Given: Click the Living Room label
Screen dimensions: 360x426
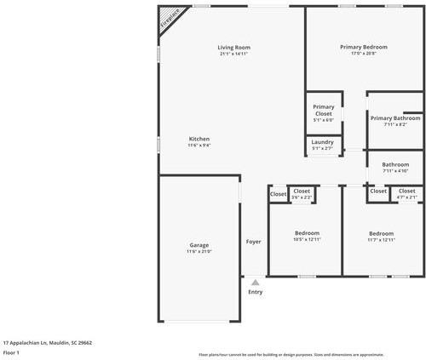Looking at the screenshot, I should [x=233, y=47].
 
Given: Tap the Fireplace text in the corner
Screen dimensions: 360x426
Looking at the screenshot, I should [x=170, y=20].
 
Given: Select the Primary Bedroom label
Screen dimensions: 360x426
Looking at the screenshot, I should [x=364, y=47].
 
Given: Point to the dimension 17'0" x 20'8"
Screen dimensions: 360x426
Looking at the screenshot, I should [x=364, y=54].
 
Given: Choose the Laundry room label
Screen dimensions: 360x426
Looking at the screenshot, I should [x=323, y=141].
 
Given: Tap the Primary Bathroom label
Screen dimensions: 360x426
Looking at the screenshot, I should [x=395, y=118].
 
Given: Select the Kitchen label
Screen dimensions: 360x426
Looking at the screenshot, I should [x=199, y=139].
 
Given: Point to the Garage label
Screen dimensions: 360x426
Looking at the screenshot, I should [x=199, y=245].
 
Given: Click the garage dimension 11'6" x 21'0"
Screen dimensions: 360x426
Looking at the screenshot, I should [x=199, y=252].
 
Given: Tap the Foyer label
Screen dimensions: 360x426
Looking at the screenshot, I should [x=254, y=242].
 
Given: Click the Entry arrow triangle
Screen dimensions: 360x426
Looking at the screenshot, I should [x=255, y=282].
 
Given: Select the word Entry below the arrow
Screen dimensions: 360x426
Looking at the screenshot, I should [x=256, y=292].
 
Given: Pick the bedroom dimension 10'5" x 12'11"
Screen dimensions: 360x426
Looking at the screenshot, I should [x=308, y=240].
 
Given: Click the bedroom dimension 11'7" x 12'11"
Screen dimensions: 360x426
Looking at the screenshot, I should [x=381, y=240].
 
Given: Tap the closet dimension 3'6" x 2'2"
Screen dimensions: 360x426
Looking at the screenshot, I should [x=302, y=197].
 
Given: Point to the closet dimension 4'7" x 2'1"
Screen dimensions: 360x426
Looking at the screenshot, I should [x=407, y=197].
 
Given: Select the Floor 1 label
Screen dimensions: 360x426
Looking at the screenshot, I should [x=11, y=351].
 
